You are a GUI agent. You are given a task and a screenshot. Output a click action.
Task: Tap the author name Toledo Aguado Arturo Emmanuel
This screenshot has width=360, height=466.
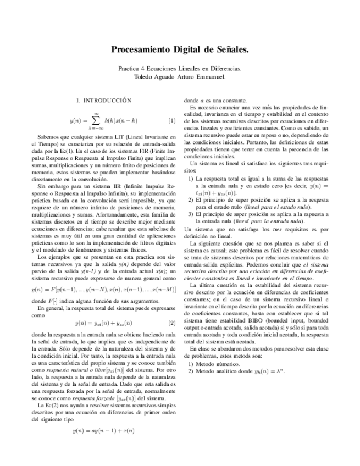[x=180, y=77]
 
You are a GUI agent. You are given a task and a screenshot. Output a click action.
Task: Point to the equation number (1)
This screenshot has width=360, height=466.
[x=171, y=120]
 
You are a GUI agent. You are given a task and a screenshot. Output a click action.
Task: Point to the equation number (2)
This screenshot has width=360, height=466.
[x=171, y=323]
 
